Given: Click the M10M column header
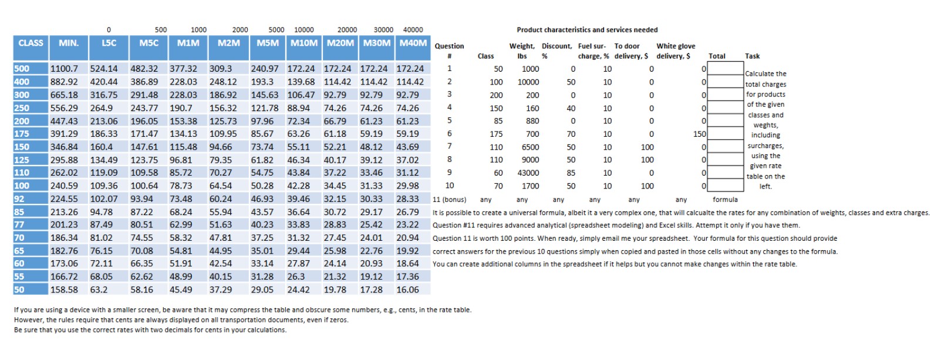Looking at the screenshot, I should pyautogui.click(x=304, y=43).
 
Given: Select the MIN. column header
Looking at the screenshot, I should pyautogui.click(x=69, y=43).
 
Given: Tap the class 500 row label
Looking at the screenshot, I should pyautogui.click(x=22, y=69).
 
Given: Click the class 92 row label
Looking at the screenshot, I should pyautogui.click(x=19, y=199).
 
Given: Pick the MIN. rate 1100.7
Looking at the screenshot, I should pyautogui.click(x=64, y=69).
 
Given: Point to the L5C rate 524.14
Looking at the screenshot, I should pyautogui.click(x=104, y=69).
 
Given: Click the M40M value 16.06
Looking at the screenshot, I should pyautogui.click(x=407, y=290).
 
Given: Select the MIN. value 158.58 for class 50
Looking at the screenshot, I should pyautogui.click(x=64, y=290).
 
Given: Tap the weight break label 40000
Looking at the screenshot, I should pyautogui.click(x=413, y=29).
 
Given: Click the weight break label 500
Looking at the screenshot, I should pyautogui.click(x=161, y=29).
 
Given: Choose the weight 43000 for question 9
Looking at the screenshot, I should pyautogui.click(x=528, y=173).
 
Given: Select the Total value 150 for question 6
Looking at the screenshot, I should pyautogui.click(x=699, y=134).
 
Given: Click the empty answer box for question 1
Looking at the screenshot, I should pyautogui.click(x=726, y=68).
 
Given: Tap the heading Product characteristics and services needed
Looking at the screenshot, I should pyautogui.click(x=587, y=30).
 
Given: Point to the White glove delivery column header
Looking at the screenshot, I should pyautogui.click(x=675, y=51).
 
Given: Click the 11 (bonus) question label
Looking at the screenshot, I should pyautogui.click(x=449, y=200).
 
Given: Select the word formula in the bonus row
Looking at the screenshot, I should pyautogui.click(x=725, y=200).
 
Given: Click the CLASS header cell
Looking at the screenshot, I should pyautogui.click(x=31, y=43).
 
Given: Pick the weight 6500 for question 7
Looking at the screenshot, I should pyautogui.click(x=530, y=147).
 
